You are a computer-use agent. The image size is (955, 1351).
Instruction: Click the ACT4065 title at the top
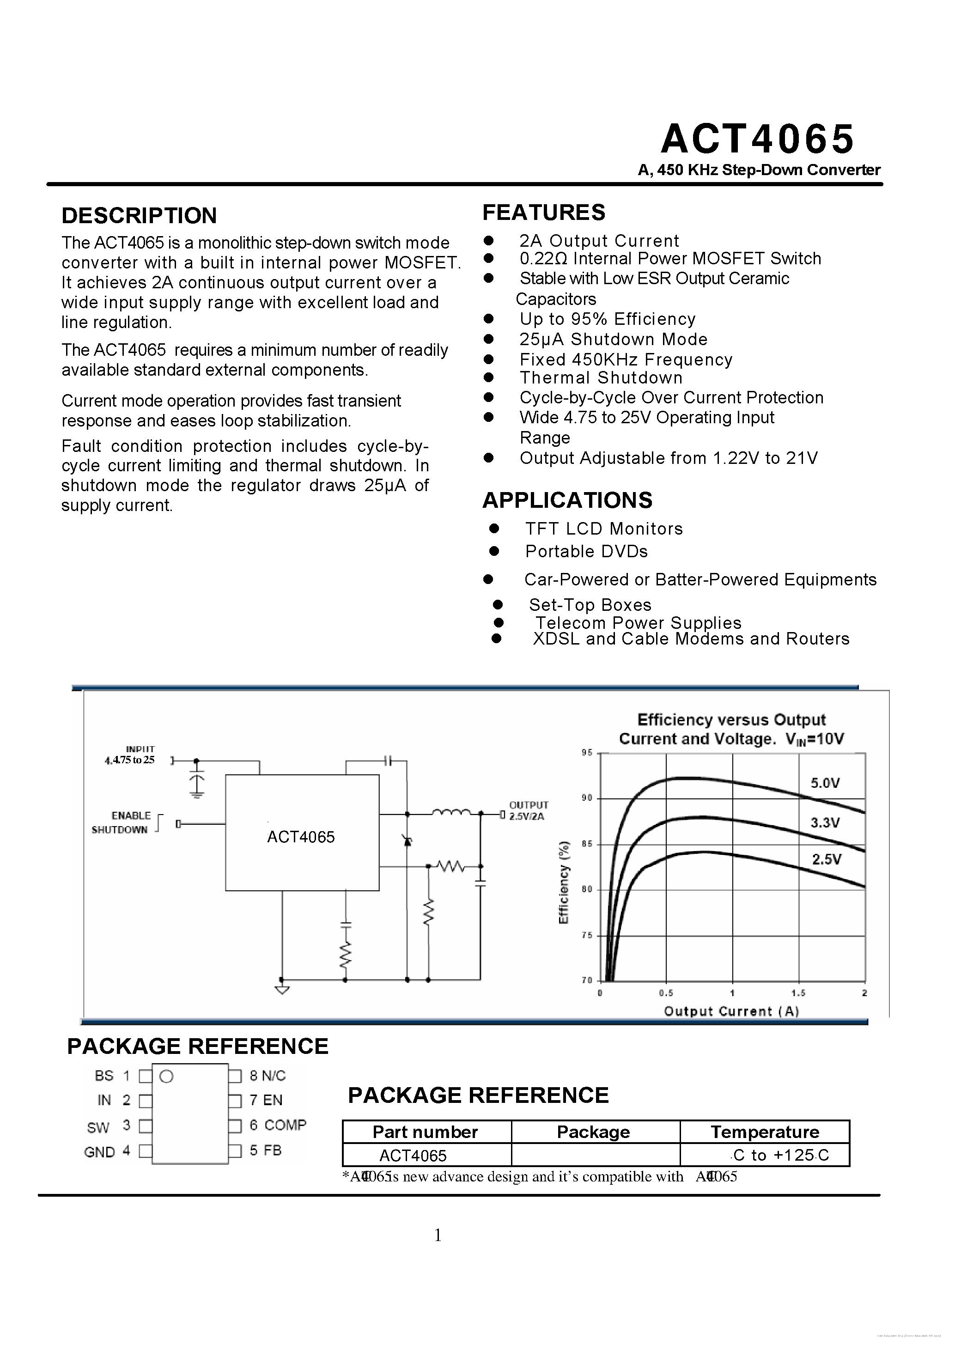pos(757,139)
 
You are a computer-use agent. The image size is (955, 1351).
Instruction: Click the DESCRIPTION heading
pos(139,216)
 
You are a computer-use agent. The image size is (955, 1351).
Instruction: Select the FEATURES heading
pos(544,213)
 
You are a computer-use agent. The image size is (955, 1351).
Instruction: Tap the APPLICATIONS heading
pos(567,500)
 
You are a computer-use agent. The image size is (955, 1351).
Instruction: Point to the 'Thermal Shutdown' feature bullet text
pos(601,378)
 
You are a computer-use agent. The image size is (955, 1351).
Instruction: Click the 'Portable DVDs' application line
pos(586,551)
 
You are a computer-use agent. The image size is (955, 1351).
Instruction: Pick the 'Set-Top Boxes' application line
pos(590,605)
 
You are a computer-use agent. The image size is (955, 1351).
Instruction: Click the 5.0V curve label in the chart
pos(825,783)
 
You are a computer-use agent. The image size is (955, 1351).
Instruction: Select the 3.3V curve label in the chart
pos(825,822)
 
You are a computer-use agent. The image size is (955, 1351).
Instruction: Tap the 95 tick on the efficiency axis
pos(587,753)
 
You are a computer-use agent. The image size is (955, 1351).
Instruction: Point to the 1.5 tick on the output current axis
pos(798,993)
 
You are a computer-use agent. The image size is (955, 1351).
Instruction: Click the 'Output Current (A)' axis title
pos(731,1011)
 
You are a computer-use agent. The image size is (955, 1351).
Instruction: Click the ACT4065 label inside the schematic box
pos(301,837)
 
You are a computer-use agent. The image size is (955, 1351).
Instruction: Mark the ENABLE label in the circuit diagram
pos(131,815)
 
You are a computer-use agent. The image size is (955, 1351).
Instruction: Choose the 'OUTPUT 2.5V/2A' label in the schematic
pos(529,810)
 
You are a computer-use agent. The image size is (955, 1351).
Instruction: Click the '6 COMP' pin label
pos(278,1125)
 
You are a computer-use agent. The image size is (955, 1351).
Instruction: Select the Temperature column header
pos(764,1132)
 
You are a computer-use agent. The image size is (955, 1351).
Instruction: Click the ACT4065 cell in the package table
pos(413,1156)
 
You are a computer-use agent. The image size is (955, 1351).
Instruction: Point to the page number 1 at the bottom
pos(438,1235)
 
